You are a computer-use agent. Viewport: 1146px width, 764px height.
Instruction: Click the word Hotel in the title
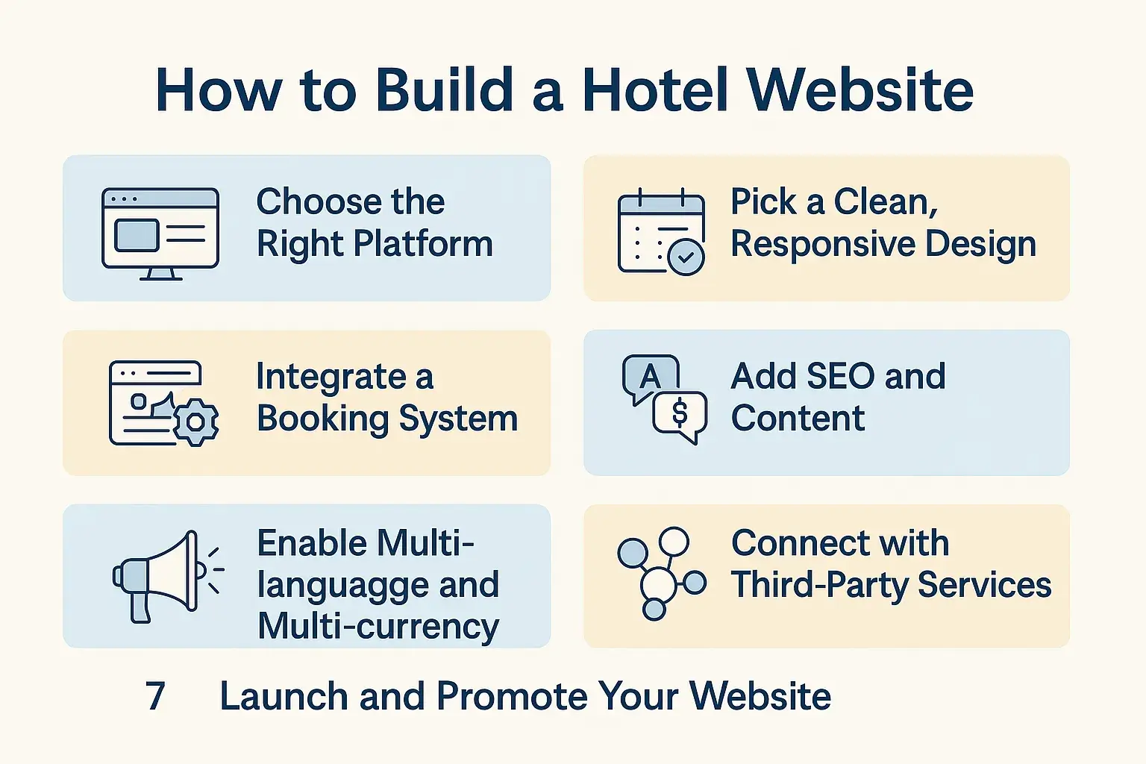pyautogui.click(x=655, y=90)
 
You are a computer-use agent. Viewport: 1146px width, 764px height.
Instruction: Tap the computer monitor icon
pyautogui.click(x=160, y=234)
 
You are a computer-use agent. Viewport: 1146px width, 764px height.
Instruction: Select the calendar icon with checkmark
pyautogui.click(x=661, y=232)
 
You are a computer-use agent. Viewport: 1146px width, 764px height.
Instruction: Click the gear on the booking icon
pyautogui.click(x=196, y=422)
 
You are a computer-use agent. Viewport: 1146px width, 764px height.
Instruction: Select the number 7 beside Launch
pyautogui.click(x=155, y=696)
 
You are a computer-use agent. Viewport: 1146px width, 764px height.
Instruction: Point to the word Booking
pyautogui.click(x=322, y=419)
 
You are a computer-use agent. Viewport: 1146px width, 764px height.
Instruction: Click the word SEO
pyautogui.click(x=841, y=377)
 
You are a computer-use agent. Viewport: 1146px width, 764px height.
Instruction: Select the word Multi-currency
pyautogui.click(x=378, y=627)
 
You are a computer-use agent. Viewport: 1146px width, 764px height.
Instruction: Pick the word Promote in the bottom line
pyautogui.click(x=513, y=696)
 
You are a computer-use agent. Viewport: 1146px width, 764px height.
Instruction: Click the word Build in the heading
pyautogui.click(x=444, y=90)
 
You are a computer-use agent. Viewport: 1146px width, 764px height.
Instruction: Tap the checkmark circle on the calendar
pyautogui.click(x=686, y=257)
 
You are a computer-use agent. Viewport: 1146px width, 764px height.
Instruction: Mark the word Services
pyautogui.click(x=984, y=585)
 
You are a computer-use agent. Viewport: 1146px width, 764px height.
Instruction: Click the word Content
pyautogui.click(x=798, y=419)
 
